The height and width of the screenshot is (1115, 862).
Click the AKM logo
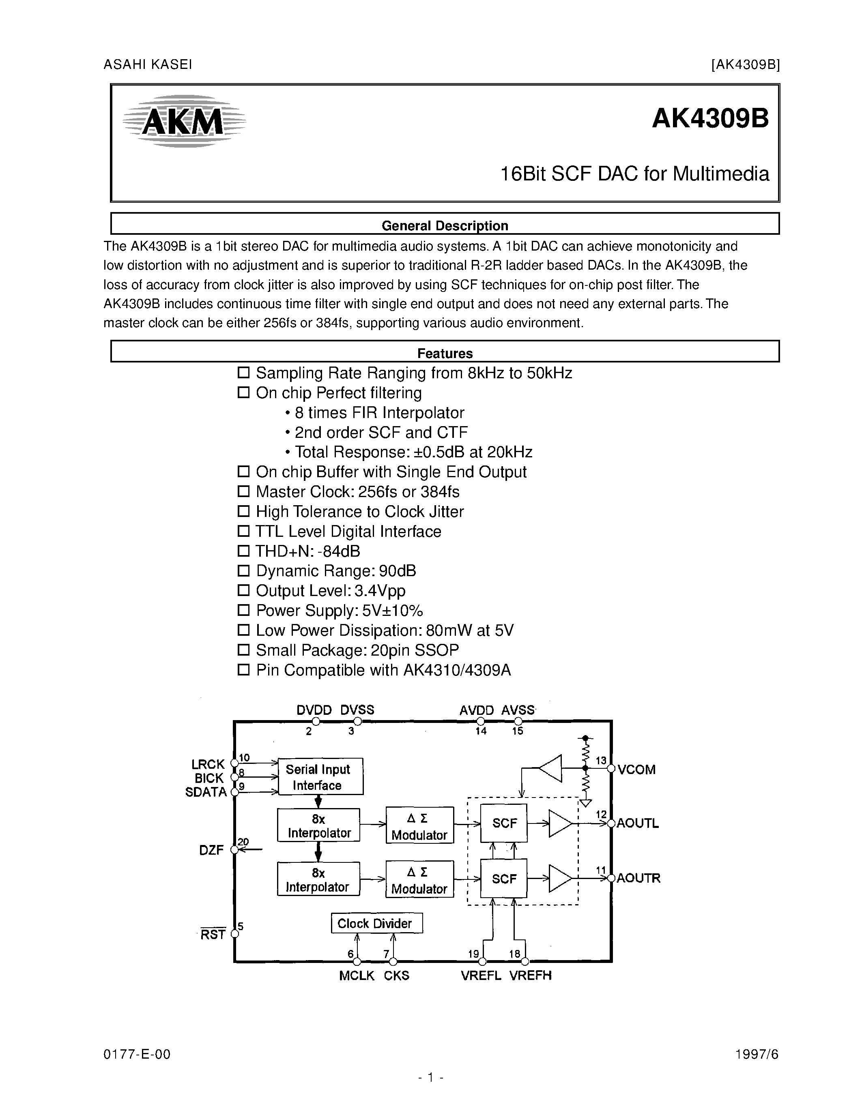(x=184, y=122)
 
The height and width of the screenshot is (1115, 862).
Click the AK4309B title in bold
(x=710, y=119)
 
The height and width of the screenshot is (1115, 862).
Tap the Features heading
(x=444, y=353)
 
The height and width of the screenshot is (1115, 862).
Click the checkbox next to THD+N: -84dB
(x=243, y=551)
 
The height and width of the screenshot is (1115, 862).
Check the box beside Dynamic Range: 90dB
(x=243, y=571)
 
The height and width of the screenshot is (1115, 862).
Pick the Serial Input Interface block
(x=320, y=776)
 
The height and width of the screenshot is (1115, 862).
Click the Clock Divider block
(x=376, y=923)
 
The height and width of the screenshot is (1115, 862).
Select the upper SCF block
(x=504, y=823)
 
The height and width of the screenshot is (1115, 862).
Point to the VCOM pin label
(x=636, y=770)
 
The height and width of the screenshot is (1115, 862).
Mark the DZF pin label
(x=211, y=850)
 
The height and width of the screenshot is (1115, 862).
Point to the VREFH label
(x=531, y=975)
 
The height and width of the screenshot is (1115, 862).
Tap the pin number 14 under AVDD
(x=481, y=731)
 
